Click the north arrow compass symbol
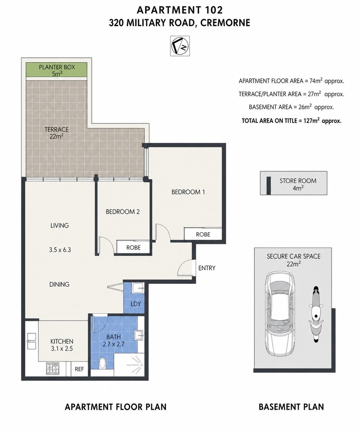tap(180, 46)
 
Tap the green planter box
tap(57, 70)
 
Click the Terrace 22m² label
tap(57, 133)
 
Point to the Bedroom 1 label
tap(188, 192)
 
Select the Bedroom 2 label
tap(122, 212)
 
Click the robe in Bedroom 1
tap(203, 234)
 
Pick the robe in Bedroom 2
tap(133, 247)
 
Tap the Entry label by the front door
tap(207, 268)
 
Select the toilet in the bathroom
tap(102, 363)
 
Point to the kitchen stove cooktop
tap(52, 368)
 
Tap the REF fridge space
tap(79, 369)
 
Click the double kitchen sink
tap(32, 341)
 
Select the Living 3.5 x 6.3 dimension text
tap(60, 250)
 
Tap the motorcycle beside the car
tap(316, 314)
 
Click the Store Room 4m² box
tap(293, 183)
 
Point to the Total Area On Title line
tap(291, 121)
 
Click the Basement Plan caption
tap(291, 407)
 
